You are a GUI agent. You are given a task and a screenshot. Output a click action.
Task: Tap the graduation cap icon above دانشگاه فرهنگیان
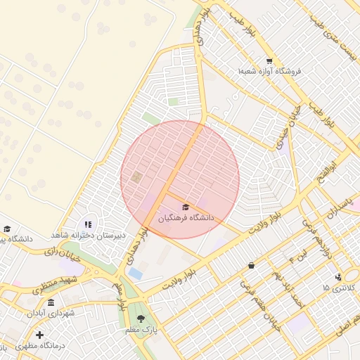[x=186, y=207]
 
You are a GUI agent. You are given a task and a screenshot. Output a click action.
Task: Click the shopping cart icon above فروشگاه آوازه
[x=269, y=60]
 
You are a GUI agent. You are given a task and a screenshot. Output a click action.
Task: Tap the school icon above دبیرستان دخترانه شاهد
[x=88, y=224]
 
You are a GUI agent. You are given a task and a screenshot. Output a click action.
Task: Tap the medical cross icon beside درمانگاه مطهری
[x=39, y=335]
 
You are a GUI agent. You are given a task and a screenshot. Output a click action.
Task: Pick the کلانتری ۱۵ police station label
[x=340, y=288]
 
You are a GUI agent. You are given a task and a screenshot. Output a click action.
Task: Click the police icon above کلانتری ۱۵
[x=338, y=277]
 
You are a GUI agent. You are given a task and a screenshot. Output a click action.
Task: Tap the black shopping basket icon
[x=252, y=265]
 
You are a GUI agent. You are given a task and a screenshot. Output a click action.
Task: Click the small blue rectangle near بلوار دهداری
[x=135, y=273]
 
